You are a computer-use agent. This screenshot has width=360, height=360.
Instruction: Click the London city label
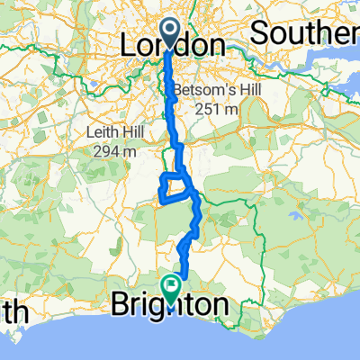(x=173, y=45)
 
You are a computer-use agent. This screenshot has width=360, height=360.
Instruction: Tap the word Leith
(x=110, y=133)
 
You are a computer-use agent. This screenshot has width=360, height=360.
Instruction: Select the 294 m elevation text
(x=115, y=151)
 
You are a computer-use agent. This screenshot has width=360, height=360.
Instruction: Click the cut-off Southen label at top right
(x=304, y=34)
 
